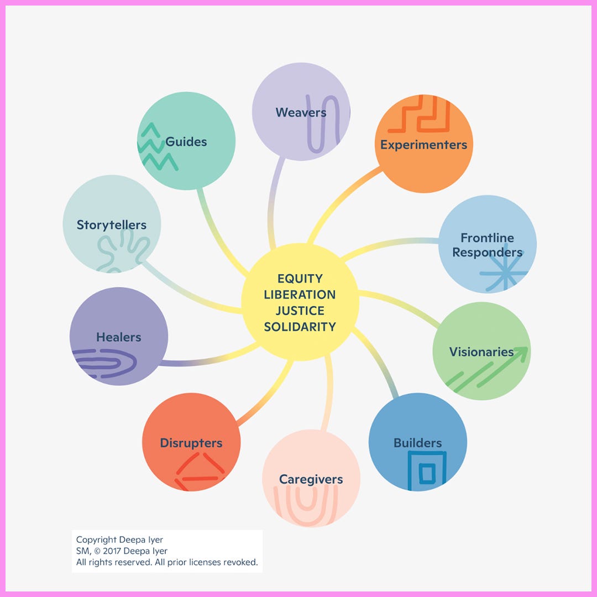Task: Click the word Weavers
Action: (301, 113)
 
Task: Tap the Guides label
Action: (186, 142)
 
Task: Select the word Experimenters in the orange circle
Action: (423, 145)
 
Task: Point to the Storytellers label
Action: (112, 225)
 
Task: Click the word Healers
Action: (118, 337)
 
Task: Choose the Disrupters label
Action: (191, 443)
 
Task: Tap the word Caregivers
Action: (311, 479)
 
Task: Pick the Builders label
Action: (417, 443)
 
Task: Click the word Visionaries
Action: (481, 352)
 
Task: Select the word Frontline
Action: (487, 238)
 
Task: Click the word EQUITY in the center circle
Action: (300, 279)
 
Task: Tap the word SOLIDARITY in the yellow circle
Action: (300, 327)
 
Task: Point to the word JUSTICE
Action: (300, 311)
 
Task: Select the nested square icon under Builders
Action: (426, 471)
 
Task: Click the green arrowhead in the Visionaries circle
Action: (520, 353)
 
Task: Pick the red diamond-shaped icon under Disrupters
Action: (200, 473)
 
